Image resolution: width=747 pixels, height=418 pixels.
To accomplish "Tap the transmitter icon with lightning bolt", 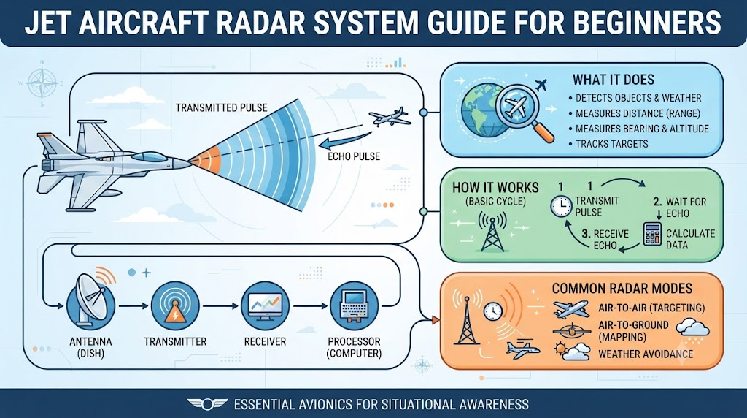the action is point(175,306).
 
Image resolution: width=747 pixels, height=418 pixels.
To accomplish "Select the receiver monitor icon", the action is point(265,306).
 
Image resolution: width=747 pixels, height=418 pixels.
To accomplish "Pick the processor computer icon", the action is point(354,306).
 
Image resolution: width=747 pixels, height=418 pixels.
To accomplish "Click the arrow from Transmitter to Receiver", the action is point(220,306).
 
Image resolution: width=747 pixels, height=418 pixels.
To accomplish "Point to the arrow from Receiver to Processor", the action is point(309,306).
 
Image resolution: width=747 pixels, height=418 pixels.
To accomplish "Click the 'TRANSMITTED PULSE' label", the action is point(222,108).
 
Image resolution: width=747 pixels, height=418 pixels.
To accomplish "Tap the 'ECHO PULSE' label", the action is point(354,156).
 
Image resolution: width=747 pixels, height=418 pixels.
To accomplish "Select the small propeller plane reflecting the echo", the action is point(389,117).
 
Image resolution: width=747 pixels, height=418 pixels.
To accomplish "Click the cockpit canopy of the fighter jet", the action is point(149,156).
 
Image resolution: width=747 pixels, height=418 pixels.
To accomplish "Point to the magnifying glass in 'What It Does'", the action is point(524,113).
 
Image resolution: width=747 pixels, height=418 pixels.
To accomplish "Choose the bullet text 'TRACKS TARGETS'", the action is point(612,144).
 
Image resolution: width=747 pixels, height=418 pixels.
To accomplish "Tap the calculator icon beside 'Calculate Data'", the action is point(652,233).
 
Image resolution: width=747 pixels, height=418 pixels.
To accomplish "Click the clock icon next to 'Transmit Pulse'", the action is point(562,206).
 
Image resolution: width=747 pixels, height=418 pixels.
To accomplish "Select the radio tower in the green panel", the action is point(492,232).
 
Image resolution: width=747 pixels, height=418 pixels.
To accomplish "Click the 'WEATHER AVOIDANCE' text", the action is point(646,354).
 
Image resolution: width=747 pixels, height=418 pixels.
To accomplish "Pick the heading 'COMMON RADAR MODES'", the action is point(622,289).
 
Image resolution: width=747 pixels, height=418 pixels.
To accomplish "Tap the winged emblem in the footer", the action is point(207,405).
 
